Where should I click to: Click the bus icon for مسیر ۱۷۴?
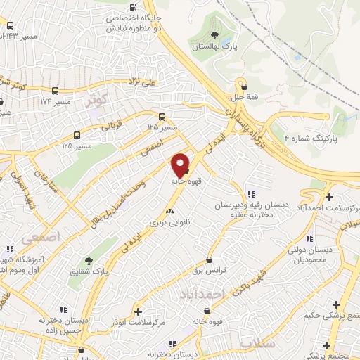tap(55, 91)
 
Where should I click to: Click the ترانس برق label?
tap(209, 271)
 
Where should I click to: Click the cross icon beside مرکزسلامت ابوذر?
tap(138, 311)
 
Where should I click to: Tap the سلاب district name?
tap(255, 344)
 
